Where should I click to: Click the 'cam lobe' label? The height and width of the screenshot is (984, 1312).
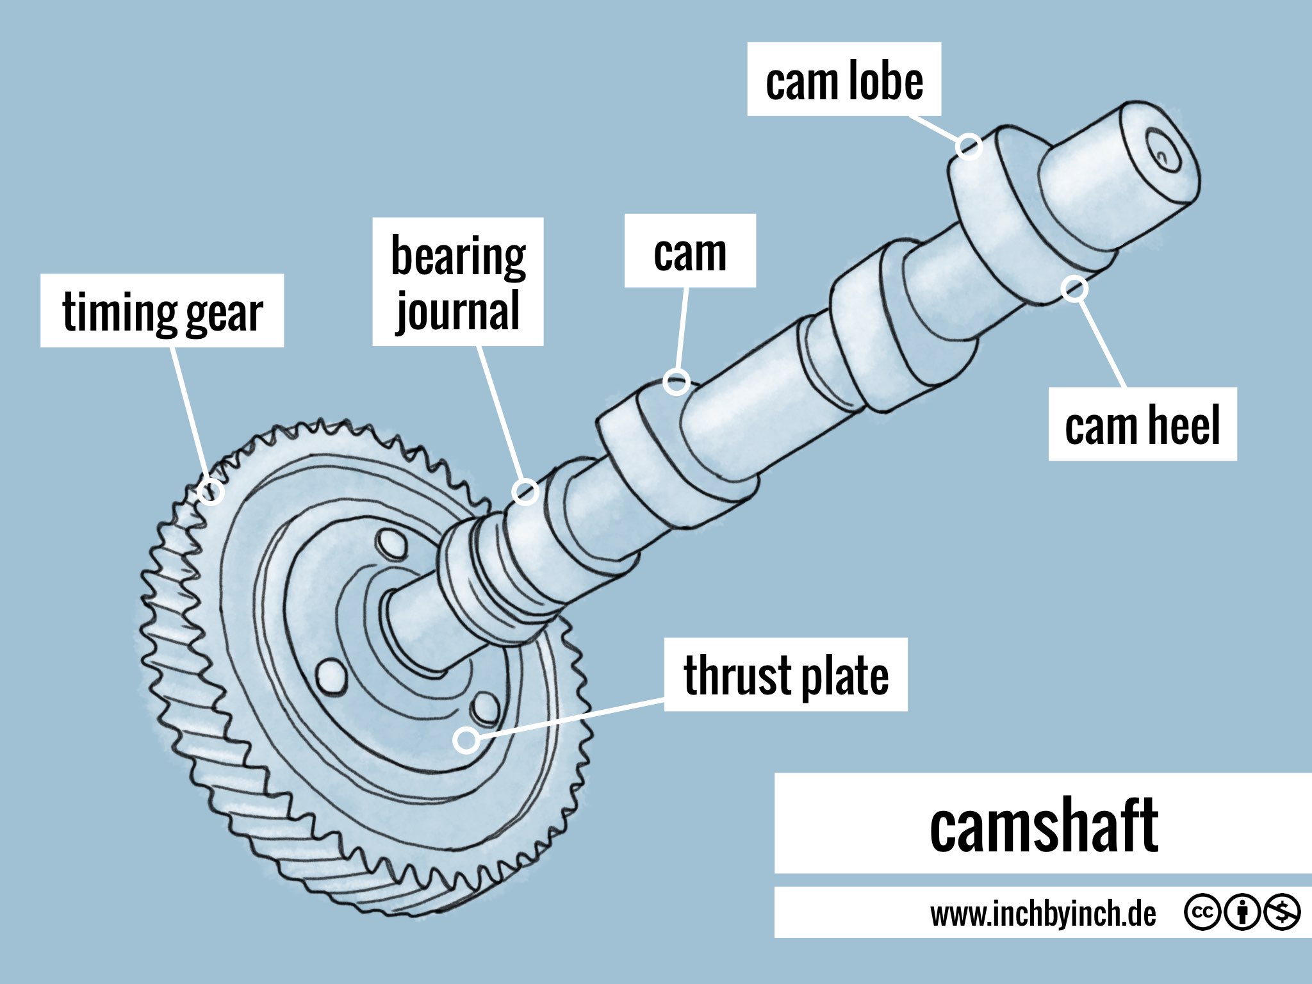(x=844, y=79)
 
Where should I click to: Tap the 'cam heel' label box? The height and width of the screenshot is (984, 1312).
(x=1142, y=424)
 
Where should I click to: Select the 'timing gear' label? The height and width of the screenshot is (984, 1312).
(x=162, y=311)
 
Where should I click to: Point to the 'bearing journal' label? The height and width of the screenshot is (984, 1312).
(x=458, y=282)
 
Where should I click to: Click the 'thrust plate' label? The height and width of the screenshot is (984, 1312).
(x=785, y=675)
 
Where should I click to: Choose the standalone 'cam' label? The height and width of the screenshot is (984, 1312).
(x=690, y=250)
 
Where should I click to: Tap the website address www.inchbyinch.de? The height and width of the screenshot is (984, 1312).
(x=1043, y=913)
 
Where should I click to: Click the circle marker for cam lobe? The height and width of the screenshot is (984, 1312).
(x=969, y=146)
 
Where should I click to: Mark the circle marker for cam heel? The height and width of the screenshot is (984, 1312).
(x=1074, y=289)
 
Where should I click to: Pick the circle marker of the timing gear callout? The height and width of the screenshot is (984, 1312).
(x=211, y=492)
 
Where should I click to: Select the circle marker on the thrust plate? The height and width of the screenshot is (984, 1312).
(x=466, y=740)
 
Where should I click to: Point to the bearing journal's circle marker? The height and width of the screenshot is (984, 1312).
(x=525, y=492)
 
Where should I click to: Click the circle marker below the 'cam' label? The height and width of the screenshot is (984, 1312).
(x=676, y=382)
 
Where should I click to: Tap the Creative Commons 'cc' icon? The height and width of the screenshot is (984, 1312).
(x=1202, y=912)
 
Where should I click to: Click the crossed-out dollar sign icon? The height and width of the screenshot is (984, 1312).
(x=1281, y=912)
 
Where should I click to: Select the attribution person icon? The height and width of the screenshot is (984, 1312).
(x=1242, y=912)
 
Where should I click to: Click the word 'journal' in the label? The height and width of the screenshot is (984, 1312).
(x=458, y=311)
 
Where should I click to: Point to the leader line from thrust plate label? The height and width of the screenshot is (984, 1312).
(x=570, y=720)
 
